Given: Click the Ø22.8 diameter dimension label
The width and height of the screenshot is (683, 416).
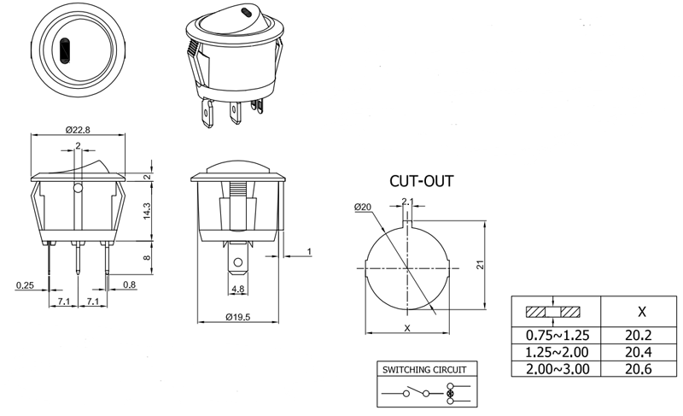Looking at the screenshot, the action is [x=78, y=130].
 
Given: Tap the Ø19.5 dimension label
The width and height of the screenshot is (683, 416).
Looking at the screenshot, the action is [x=238, y=317].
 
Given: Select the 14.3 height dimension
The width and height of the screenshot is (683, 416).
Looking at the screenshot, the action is [x=147, y=211].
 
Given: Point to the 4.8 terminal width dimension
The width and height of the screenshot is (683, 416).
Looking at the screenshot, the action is [x=238, y=289].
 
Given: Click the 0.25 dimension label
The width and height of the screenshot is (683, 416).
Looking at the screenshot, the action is [x=25, y=285].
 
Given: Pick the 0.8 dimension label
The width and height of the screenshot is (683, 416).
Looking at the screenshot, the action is [x=130, y=285].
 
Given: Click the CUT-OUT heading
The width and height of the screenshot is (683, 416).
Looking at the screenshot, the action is [x=421, y=181].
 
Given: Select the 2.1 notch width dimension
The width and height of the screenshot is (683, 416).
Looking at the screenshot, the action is [x=407, y=202].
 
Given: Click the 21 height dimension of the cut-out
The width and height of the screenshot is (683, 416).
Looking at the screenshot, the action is [x=480, y=265].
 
